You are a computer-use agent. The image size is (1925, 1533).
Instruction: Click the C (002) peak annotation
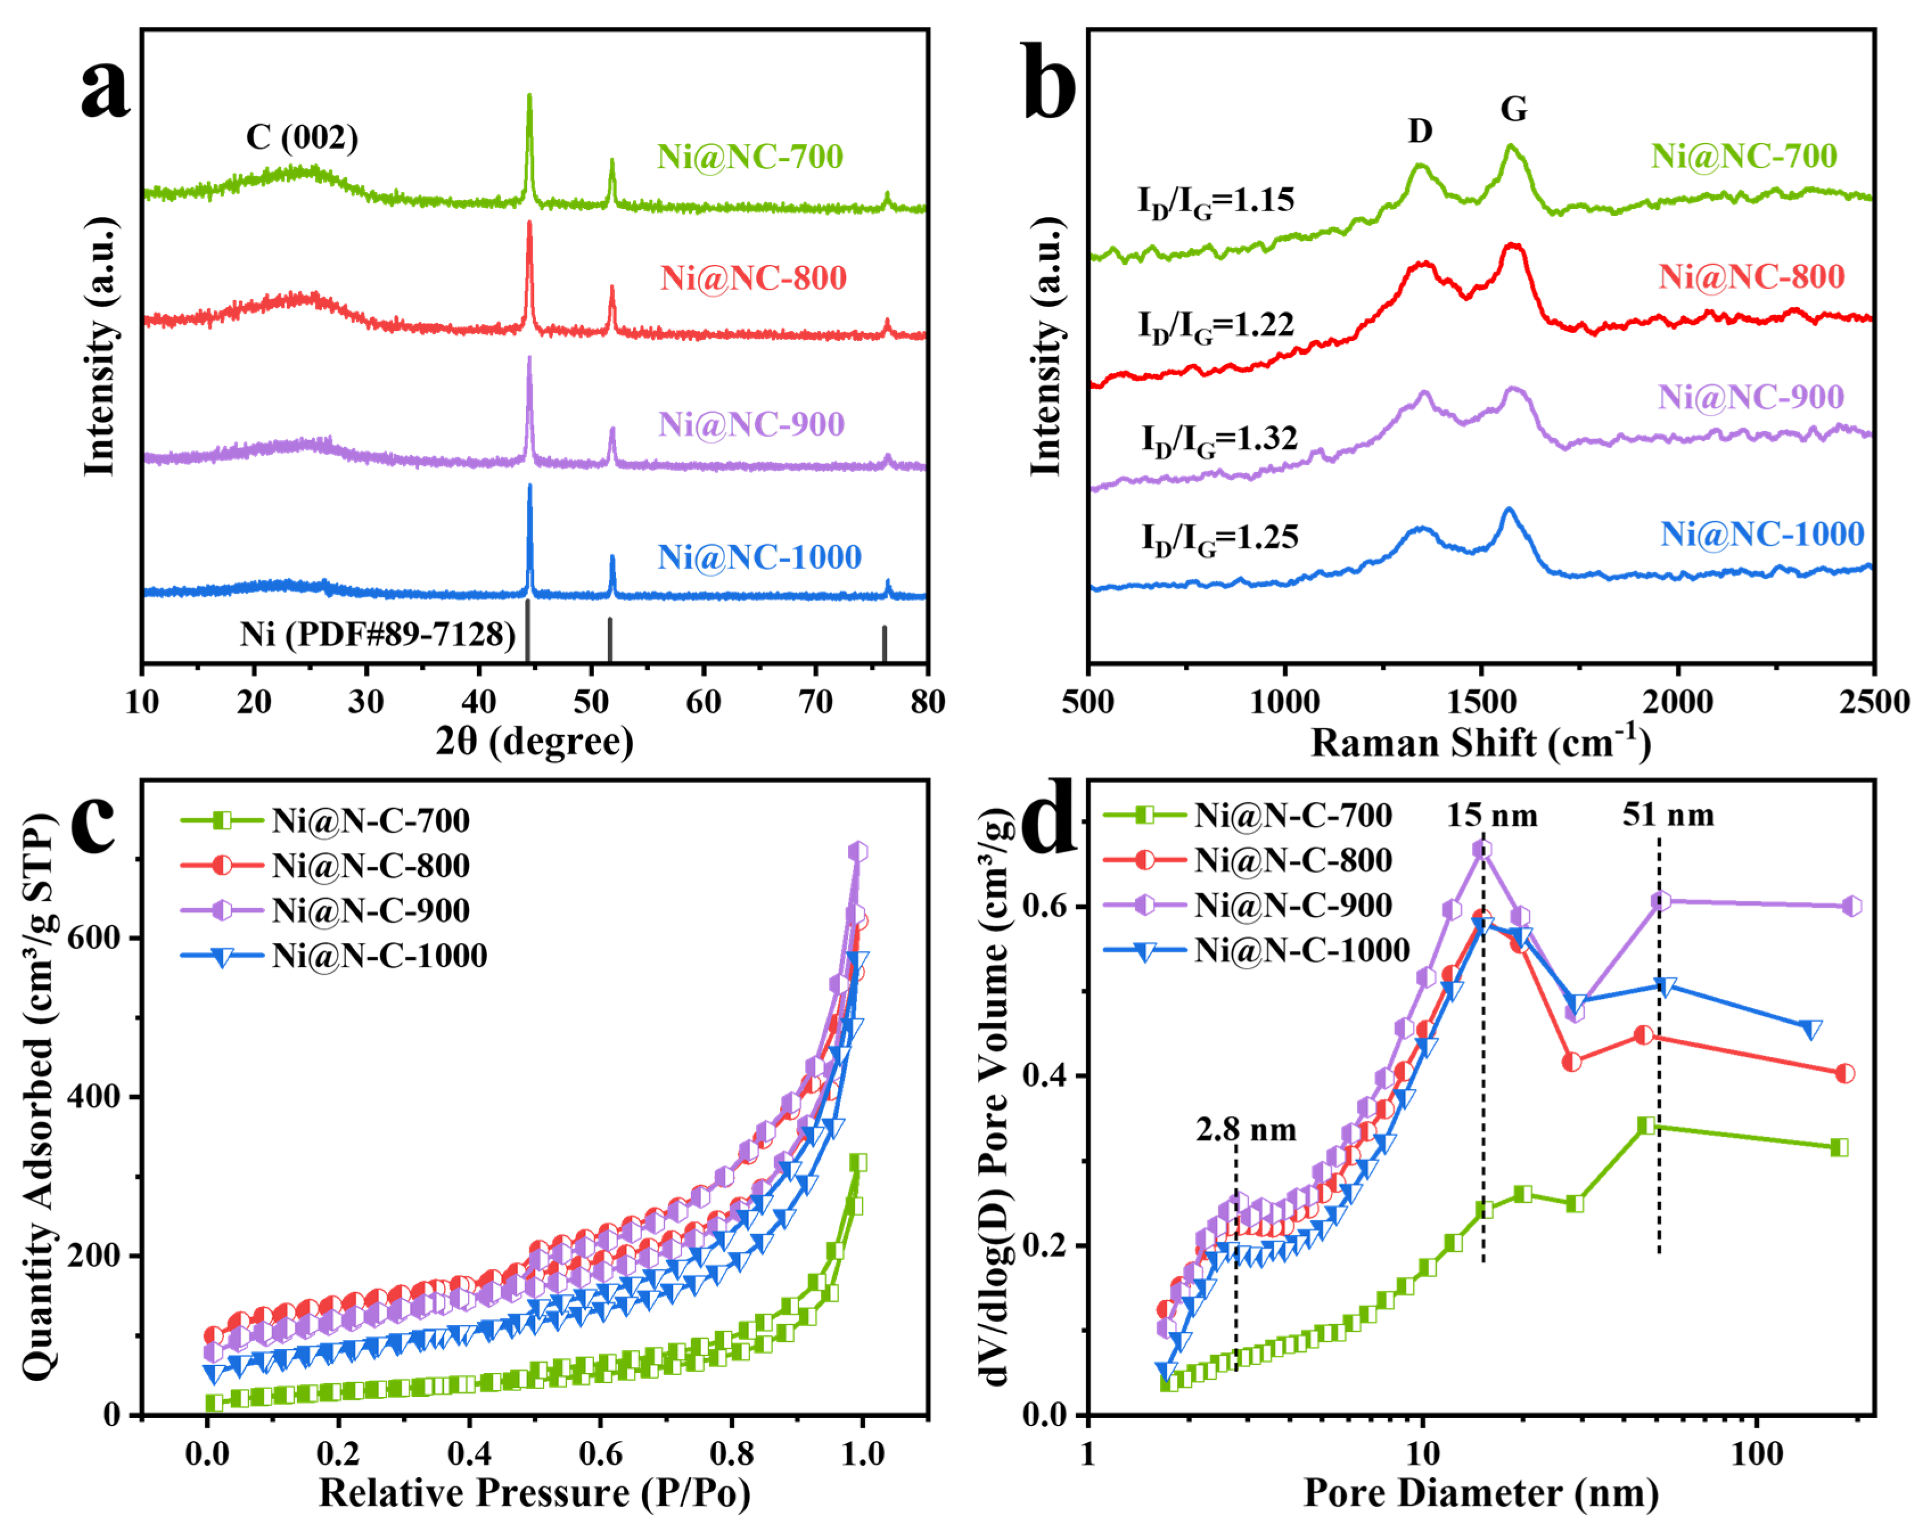(302, 137)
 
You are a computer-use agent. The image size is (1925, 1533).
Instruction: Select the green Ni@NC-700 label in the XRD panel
(750, 157)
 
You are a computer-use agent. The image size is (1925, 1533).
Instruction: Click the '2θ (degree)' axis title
(534, 741)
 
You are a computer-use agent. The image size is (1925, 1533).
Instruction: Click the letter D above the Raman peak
(1420, 132)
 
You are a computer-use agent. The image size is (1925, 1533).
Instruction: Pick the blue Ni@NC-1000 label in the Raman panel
(1762, 534)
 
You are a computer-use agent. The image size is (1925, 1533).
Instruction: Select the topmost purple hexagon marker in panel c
(858, 851)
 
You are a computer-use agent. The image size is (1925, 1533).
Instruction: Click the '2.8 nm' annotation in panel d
(1247, 1130)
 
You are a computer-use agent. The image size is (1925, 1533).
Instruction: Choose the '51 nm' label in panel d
(1668, 815)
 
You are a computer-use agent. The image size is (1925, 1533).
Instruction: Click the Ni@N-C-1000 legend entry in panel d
(1302, 950)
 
